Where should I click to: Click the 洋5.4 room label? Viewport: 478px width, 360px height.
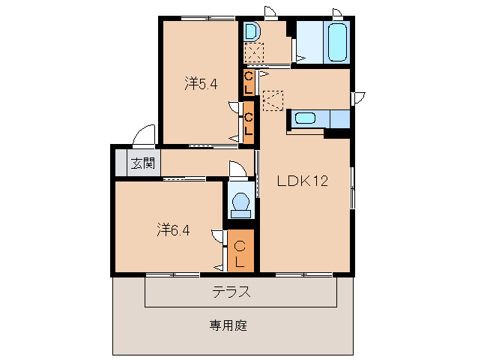point(201,84)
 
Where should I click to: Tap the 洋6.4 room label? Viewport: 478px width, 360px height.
point(173,229)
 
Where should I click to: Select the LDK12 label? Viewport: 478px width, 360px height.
point(303,181)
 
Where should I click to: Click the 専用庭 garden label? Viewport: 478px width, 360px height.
point(228,325)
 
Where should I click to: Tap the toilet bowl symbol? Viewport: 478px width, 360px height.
point(240,204)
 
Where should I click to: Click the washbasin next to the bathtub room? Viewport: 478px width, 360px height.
point(252,32)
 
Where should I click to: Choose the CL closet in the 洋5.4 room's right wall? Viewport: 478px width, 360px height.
point(249,121)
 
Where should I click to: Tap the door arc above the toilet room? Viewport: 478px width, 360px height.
point(237,169)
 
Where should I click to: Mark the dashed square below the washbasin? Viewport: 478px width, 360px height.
point(255,53)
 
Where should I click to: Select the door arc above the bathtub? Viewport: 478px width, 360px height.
point(338,13)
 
